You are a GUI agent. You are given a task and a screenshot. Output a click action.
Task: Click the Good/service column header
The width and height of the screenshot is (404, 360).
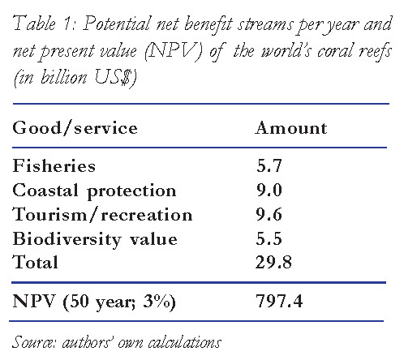(75, 127)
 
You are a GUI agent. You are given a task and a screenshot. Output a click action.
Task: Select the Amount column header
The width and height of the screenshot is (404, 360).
(291, 127)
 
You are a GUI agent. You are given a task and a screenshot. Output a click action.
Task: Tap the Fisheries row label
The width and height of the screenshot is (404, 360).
(54, 165)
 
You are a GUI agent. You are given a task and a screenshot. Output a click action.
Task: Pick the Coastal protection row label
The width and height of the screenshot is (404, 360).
(94, 191)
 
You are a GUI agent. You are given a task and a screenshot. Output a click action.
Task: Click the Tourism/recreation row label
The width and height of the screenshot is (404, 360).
(102, 215)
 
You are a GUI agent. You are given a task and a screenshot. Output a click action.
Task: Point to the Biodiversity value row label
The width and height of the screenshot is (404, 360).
(95, 239)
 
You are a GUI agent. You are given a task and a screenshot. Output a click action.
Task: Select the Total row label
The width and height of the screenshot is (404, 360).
(35, 262)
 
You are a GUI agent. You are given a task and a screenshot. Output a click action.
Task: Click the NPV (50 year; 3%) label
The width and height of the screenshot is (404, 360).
(94, 302)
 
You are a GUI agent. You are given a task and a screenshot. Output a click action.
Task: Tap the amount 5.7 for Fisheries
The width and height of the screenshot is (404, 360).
(269, 165)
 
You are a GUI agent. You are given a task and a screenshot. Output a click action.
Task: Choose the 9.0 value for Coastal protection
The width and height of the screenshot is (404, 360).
(269, 190)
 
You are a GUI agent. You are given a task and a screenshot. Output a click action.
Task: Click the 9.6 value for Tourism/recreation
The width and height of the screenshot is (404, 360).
(269, 215)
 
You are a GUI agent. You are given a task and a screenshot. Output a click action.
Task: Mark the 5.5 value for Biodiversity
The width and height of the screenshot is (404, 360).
(269, 238)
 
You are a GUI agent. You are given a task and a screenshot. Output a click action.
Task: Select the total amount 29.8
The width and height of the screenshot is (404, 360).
(273, 262)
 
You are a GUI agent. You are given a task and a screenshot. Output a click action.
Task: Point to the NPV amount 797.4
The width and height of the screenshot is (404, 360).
(279, 301)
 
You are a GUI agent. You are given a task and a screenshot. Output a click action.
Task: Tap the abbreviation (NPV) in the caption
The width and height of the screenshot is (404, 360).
(174, 51)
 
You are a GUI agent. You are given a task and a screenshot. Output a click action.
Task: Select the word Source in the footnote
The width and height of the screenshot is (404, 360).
(34, 341)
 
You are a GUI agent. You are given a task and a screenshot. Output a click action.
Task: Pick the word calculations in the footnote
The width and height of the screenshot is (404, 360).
(185, 342)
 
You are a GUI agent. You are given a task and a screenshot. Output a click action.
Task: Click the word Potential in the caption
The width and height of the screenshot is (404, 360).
(117, 24)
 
